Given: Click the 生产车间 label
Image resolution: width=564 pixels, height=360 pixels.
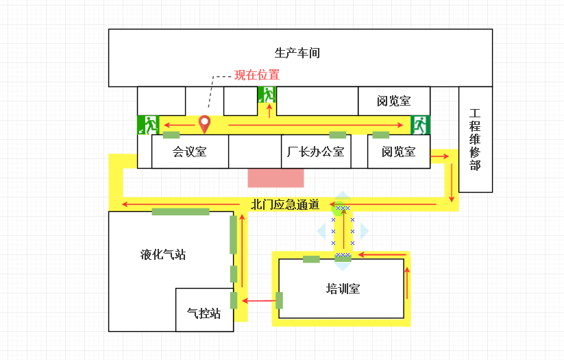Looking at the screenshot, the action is [297, 53].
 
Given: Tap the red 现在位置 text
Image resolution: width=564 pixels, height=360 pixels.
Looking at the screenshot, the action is [257, 75].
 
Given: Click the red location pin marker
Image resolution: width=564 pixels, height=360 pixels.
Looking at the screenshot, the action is [204, 124].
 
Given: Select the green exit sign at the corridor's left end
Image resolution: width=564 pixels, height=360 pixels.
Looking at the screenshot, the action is [148, 124].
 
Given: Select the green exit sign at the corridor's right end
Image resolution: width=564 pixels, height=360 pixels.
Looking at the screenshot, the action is [419, 125].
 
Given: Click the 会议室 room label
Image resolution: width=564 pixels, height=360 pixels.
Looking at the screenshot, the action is [189, 152].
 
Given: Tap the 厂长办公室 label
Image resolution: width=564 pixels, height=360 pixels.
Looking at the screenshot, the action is [316, 152].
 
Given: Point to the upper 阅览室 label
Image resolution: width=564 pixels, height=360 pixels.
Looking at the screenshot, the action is [394, 101].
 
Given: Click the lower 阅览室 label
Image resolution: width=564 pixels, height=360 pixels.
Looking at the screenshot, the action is [399, 152].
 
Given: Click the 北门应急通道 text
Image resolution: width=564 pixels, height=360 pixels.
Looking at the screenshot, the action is [285, 204].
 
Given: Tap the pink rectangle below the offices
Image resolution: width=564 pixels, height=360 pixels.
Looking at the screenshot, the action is [275, 177].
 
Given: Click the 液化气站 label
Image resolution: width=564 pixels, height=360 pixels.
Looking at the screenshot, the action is [163, 254].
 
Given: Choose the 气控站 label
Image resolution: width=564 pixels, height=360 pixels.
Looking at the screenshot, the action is [204, 313].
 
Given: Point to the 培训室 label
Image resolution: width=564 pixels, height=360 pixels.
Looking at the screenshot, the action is [343, 288].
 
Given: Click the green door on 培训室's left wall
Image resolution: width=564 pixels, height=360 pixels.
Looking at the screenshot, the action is [279, 300].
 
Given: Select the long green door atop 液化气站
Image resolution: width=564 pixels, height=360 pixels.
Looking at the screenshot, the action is [180, 211].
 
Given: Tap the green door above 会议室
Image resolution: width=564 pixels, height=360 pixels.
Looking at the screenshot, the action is [171, 134].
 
